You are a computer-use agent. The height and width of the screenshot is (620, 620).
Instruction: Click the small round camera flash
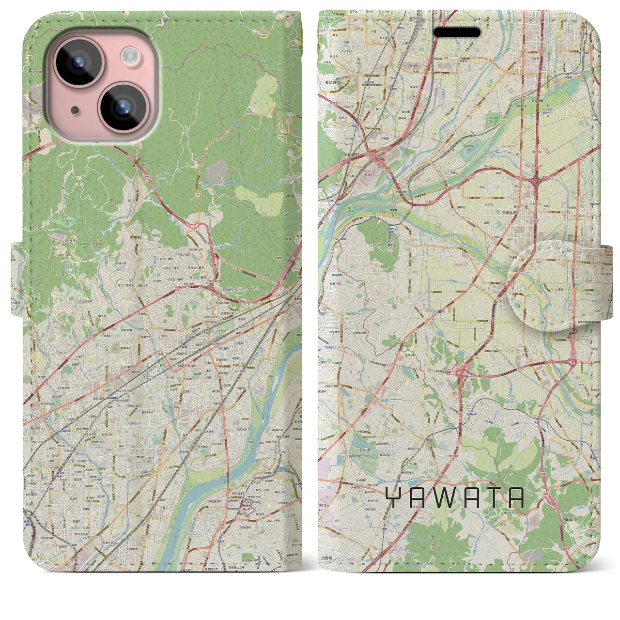point(129,57)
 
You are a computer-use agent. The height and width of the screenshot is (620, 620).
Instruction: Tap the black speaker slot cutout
point(457,32)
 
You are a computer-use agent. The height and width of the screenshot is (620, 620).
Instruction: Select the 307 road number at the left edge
point(321,481)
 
